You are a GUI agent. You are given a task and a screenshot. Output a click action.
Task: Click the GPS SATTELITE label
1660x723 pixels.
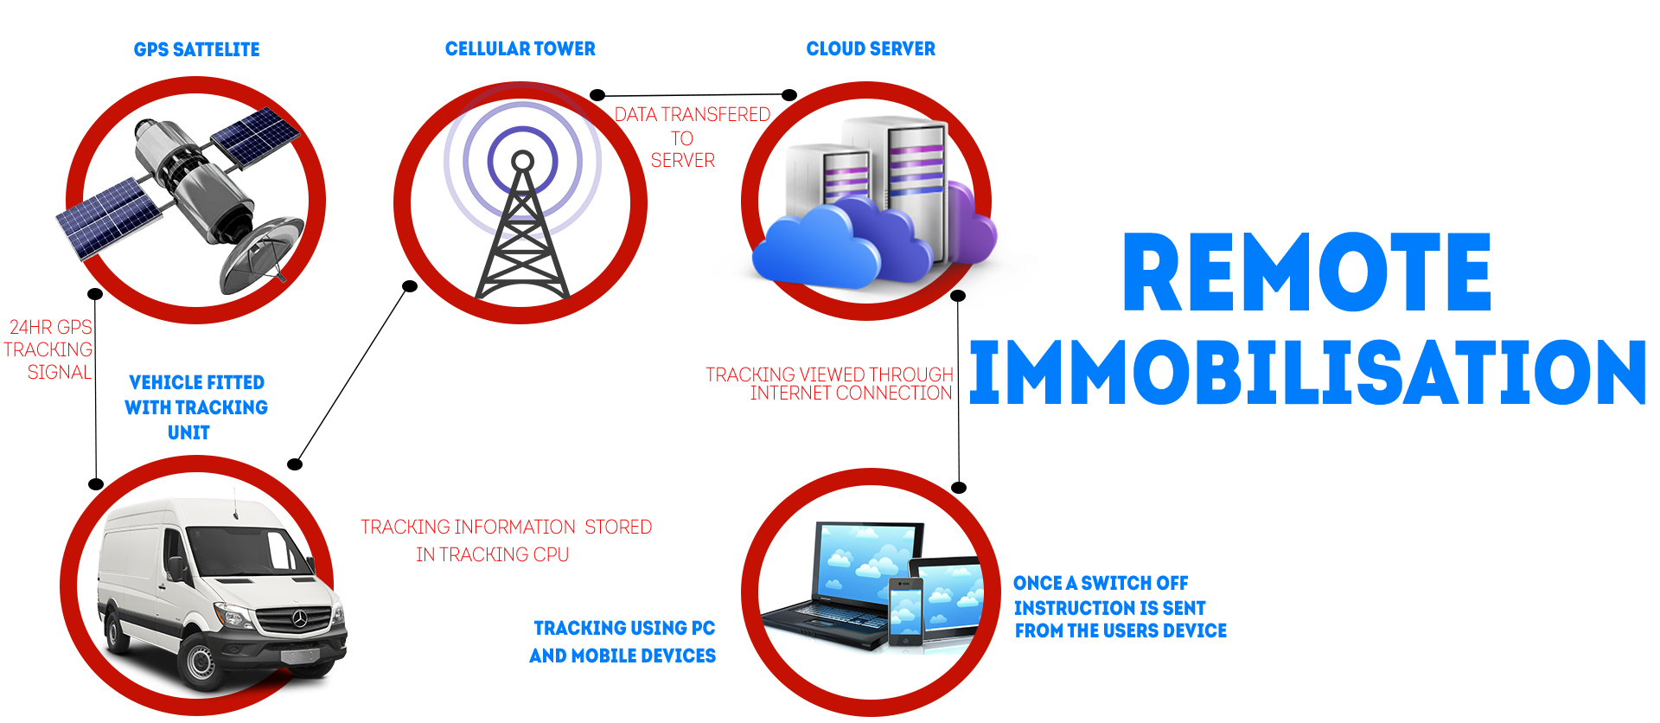click(196, 49)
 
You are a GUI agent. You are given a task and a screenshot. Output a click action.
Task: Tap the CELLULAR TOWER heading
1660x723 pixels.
click(520, 48)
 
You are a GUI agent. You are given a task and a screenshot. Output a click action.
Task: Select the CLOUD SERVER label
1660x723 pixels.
click(871, 48)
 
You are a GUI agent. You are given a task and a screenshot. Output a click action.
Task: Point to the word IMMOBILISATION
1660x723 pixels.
click(1307, 372)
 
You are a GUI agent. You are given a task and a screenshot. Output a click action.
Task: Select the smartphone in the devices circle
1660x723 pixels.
click(905, 612)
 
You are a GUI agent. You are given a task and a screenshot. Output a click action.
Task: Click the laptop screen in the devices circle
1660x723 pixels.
click(865, 561)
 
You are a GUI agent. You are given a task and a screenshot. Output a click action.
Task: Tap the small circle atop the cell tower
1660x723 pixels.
click(522, 161)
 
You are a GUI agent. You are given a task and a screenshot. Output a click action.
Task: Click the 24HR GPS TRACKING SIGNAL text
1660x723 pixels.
click(48, 349)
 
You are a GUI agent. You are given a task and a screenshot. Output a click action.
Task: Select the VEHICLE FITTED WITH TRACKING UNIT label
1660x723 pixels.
click(196, 407)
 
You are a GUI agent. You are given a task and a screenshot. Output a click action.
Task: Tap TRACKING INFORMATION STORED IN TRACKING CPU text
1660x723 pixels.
click(506, 541)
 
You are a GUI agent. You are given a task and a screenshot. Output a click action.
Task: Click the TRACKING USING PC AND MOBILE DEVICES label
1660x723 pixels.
click(622, 642)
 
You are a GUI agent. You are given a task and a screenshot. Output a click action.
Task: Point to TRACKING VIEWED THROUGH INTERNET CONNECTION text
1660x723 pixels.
click(829, 384)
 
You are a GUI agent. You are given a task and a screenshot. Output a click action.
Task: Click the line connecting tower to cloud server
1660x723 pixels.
click(693, 94)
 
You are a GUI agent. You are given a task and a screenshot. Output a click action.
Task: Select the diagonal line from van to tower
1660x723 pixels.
click(353, 375)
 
